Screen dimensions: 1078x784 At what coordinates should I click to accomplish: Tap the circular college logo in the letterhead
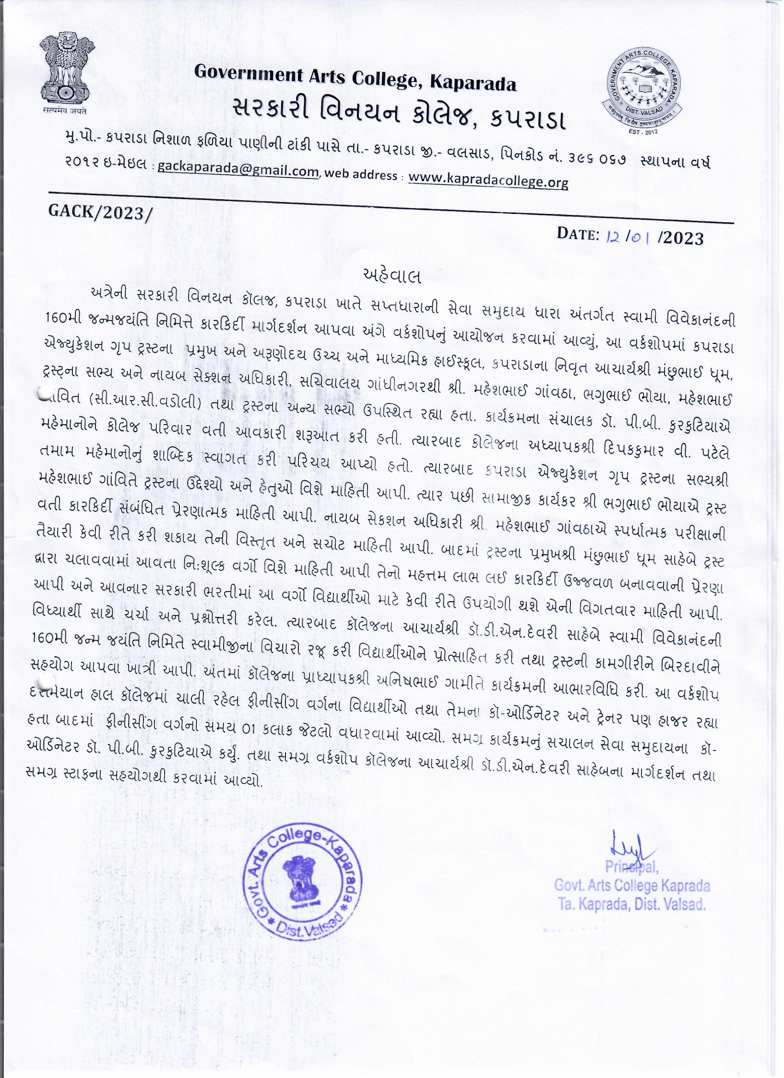pyautogui.click(x=645, y=92)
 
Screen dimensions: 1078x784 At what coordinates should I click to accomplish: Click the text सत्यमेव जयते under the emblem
pyautogui.click(x=67, y=112)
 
